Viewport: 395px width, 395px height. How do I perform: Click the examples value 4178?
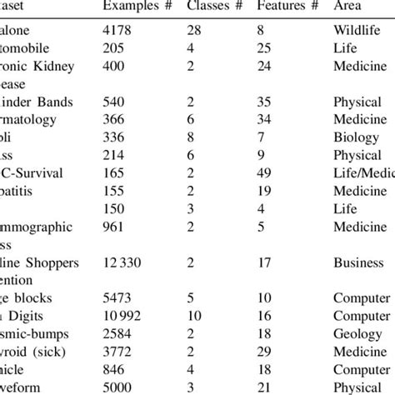pos(117,31)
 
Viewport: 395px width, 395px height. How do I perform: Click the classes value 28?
pos(195,31)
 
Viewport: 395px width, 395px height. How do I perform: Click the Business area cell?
pos(358,263)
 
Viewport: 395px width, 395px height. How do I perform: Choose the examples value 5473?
pos(117,299)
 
